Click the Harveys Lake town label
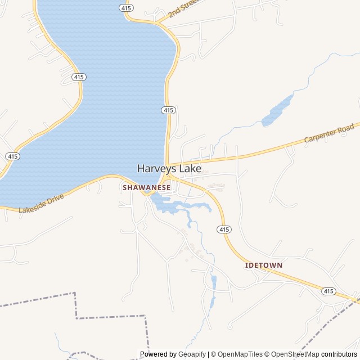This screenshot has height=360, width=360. point(166,168)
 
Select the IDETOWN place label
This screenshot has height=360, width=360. point(264,265)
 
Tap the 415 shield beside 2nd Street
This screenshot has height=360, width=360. point(127,8)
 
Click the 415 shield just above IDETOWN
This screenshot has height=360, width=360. point(224,229)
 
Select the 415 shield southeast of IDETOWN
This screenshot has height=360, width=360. point(329,291)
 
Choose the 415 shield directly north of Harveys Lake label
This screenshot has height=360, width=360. point(169,110)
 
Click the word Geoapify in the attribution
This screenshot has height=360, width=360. point(192,354)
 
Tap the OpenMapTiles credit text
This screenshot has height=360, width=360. point(240,354)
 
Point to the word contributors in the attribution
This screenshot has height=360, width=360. point(339,354)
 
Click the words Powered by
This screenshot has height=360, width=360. point(158,354)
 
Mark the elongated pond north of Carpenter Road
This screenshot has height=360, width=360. point(278,110)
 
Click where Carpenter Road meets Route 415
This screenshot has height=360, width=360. point(168,164)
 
